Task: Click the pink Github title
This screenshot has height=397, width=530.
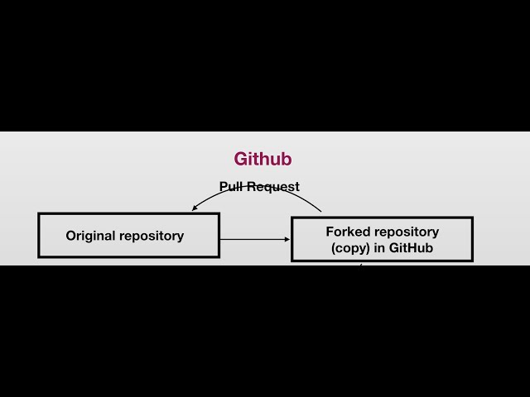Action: pyautogui.click(x=263, y=159)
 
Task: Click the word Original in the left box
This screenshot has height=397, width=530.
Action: pyautogui.click(x=91, y=236)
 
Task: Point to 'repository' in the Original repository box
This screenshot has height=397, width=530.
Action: pyautogui.click(x=152, y=236)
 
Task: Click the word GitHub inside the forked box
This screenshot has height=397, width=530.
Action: pyautogui.click(x=412, y=248)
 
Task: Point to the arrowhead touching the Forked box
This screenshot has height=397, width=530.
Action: pyautogui.click(x=287, y=240)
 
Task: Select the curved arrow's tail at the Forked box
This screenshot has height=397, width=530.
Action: pyautogui.click(x=320, y=211)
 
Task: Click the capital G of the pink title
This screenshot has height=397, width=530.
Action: pyautogui.click(x=241, y=159)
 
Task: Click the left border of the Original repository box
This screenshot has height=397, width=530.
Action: pyautogui.click(x=39, y=236)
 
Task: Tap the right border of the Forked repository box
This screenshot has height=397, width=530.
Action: pyautogui.click(x=472, y=239)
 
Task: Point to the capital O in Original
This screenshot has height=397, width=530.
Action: pyautogui.click(x=71, y=236)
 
